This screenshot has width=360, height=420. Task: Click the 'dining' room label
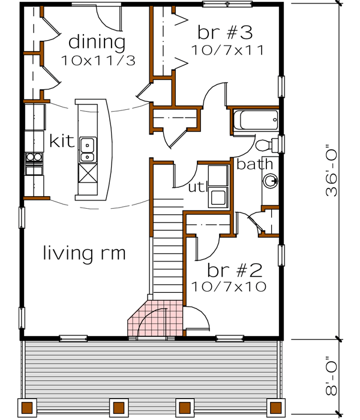coord(97,42)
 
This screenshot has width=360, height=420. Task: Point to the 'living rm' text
coord(84,253)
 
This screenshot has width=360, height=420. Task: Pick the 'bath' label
coord(254,164)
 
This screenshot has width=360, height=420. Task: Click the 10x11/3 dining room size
coord(97,60)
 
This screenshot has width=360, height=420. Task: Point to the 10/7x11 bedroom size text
coord(228,50)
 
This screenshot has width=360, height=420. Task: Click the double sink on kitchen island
coord(87,149)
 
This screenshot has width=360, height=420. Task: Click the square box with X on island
coord(88,176)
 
